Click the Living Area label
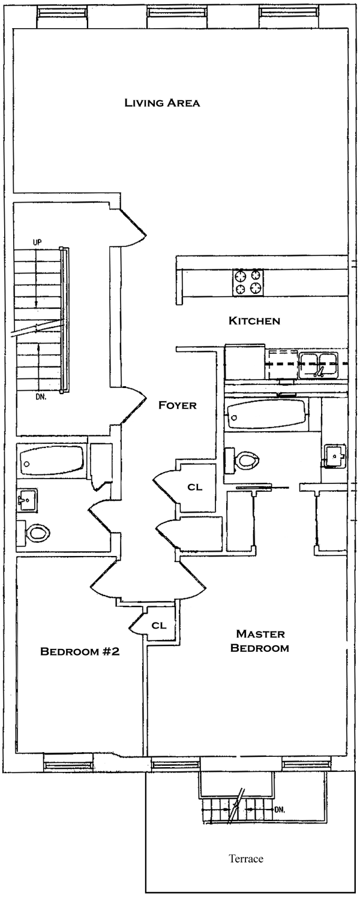[x=162, y=103]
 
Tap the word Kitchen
[x=254, y=321]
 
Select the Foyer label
[x=177, y=405]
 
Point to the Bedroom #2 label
[x=80, y=651]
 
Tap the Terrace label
[x=246, y=859]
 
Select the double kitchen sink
[x=318, y=365]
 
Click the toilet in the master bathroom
[x=245, y=461]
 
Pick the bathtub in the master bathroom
[x=264, y=413]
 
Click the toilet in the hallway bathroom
[x=36, y=531]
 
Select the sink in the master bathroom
[x=334, y=456]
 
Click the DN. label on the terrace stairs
[x=279, y=809]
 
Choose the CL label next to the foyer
[x=195, y=487]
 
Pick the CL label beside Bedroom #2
[x=159, y=626]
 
